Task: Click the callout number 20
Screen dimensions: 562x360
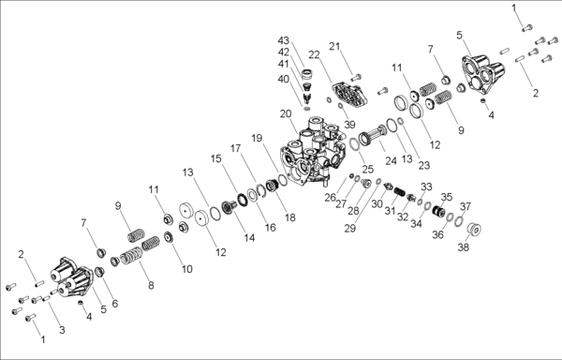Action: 286,114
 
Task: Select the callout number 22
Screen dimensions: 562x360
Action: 315,55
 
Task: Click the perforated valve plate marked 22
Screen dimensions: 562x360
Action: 349,95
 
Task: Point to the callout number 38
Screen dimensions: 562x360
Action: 463,247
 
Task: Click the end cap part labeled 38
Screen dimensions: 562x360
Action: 474,229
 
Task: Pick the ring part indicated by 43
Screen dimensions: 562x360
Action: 307,74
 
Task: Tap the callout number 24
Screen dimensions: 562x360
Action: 391,160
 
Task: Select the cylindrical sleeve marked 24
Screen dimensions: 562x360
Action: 373,134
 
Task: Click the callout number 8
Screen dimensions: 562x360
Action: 151,285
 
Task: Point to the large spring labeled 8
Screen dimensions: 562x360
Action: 131,256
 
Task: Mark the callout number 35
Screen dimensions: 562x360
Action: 447,197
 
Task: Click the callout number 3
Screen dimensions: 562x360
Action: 62,330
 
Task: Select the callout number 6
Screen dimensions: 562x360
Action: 114,304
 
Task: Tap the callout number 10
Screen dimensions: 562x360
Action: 187,269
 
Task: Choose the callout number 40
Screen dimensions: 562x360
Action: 284,79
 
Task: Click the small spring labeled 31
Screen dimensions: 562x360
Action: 399,191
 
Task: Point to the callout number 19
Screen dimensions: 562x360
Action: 257,138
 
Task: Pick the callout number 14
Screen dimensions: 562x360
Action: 249,238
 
